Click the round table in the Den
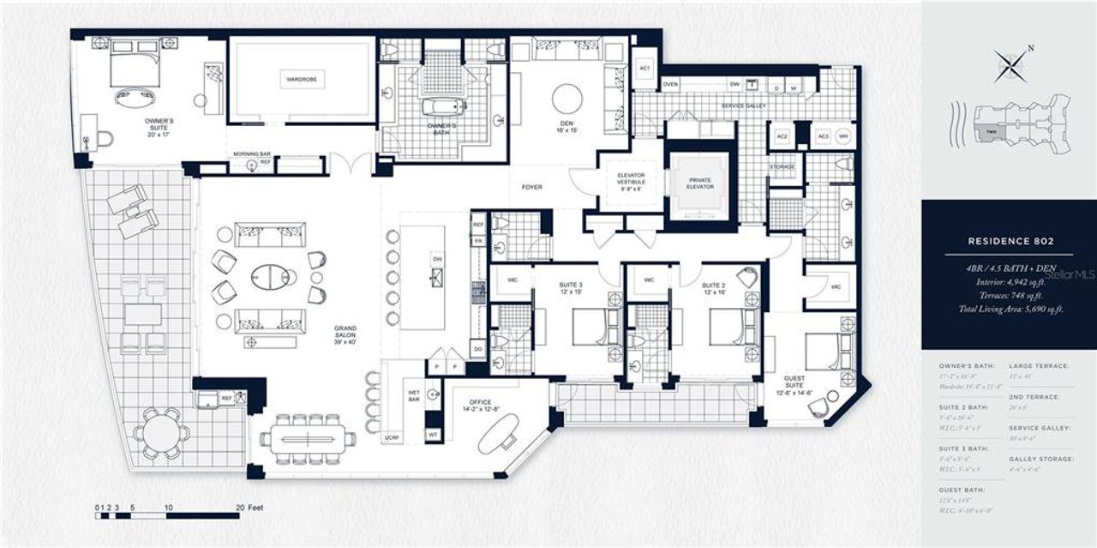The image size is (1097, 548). [566, 98]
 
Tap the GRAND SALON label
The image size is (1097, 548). [345, 334]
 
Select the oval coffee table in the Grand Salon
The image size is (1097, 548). [270, 277]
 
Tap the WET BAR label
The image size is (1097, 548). [413, 396]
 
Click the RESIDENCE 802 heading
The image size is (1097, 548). [1008, 242]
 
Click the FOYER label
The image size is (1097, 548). [532, 187]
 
